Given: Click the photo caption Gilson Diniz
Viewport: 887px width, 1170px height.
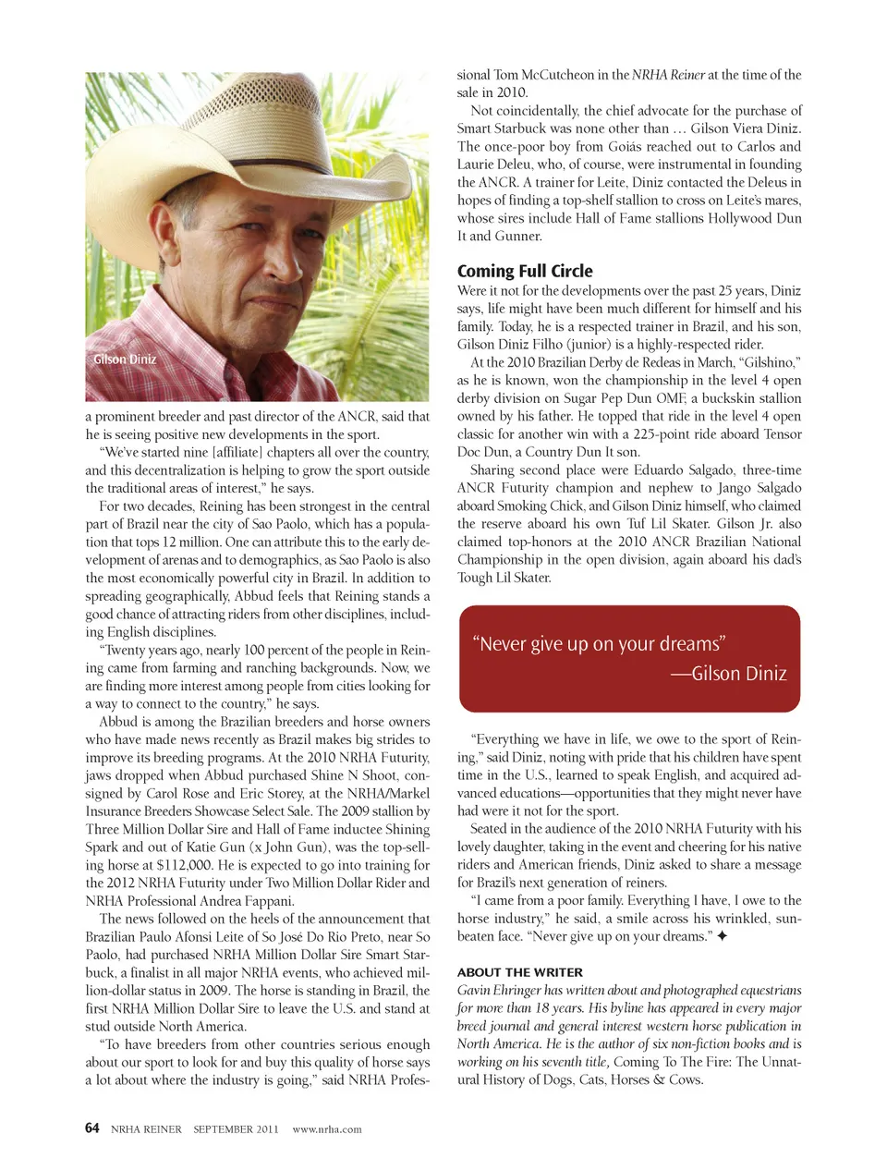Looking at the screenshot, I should tap(125, 360).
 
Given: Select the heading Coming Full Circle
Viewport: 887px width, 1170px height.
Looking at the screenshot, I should tap(525, 271).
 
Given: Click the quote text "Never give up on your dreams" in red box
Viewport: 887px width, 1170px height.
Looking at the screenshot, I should tap(599, 644).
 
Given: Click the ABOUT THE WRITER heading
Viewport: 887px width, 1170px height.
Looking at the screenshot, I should tap(519, 972).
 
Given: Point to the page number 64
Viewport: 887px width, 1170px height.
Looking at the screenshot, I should tap(91, 1128).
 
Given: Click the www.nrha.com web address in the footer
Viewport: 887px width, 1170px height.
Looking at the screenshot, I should tap(326, 1129).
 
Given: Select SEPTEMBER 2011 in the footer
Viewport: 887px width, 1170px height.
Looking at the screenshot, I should tap(236, 1129).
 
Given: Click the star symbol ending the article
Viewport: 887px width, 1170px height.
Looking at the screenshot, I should tap(722, 936).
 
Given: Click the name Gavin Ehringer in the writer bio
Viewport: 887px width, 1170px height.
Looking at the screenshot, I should tap(499, 990).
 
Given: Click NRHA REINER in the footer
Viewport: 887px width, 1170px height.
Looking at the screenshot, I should tap(146, 1129).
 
